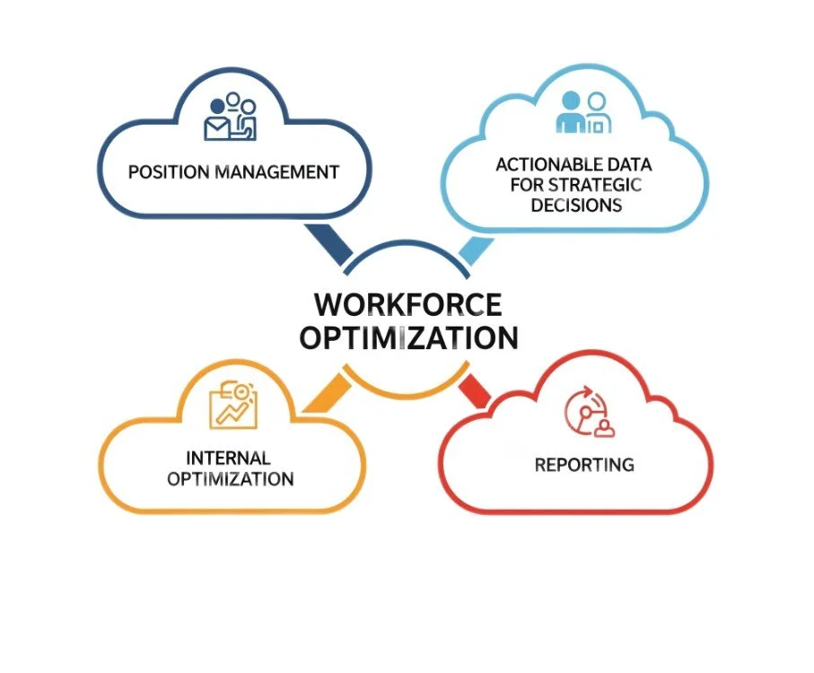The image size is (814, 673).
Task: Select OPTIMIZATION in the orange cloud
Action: (x=231, y=478)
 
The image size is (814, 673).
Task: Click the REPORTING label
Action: (x=584, y=465)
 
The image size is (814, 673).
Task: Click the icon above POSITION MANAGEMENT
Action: (x=231, y=117)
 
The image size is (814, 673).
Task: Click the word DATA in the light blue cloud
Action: (x=626, y=165)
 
